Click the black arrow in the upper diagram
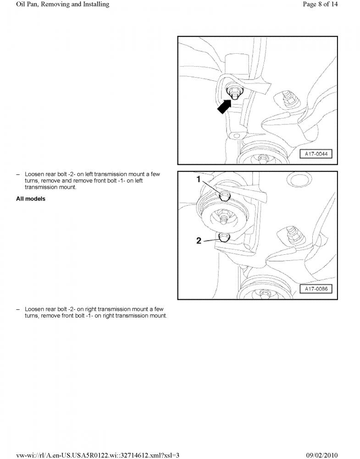pyautogui.click(x=225, y=106)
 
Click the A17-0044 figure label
pyautogui.click(x=316, y=154)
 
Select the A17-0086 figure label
pyautogui.click(x=316, y=289)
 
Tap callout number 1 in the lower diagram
pyautogui.click(x=199, y=179)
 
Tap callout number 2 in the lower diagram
pyautogui.click(x=199, y=241)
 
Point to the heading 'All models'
pyautogui.click(x=31, y=199)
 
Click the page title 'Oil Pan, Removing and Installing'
pyautogui.click(x=62, y=5)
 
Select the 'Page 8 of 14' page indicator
pyautogui.click(x=320, y=4)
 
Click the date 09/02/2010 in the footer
pyautogui.click(x=322, y=455)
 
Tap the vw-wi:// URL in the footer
pyautogui.click(x=98, y=455)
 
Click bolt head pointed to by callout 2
pyautogui.click(x=224, y=237)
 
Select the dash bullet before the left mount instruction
pyautogui.click(x=18, y=174)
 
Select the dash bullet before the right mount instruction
pyautogui.click(x=18, y=309)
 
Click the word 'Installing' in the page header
pyautogui.click(x=96, y=5)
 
